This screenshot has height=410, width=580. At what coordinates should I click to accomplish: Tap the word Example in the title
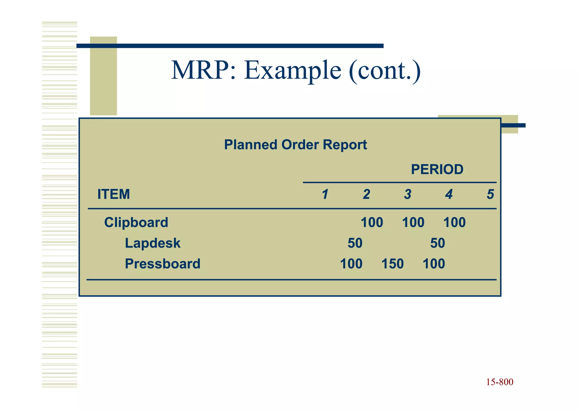[292, 71]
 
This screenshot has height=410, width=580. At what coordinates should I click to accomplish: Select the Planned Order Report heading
[295, 145]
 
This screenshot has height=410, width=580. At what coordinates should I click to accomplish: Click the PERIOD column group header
[437, 169]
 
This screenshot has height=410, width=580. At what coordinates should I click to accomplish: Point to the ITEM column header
[114, 194]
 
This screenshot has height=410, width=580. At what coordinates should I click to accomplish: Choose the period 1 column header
[325, 194]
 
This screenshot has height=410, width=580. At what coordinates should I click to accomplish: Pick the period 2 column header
[366, 194]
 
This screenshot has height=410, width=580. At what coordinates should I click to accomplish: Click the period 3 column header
[408, 194]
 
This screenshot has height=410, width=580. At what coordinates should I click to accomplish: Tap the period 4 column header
[449, 194]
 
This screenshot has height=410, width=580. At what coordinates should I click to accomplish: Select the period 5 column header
[490, 194]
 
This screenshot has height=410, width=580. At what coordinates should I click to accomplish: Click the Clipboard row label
[136, 222]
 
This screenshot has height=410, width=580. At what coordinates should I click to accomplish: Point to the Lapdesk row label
[153, 243]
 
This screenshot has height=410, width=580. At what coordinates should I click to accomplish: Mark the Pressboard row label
[163, 264]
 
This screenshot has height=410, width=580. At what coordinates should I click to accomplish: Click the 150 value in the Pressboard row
[393, 264]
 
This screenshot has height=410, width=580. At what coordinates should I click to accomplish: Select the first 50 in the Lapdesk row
[355, 243]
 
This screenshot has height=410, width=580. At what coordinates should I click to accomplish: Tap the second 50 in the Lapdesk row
[438, 243]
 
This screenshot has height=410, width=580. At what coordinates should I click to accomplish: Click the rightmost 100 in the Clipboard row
[454, 222]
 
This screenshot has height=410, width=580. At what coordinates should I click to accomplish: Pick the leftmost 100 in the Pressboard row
[351, 264]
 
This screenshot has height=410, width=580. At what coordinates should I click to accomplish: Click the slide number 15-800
[500, 382]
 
